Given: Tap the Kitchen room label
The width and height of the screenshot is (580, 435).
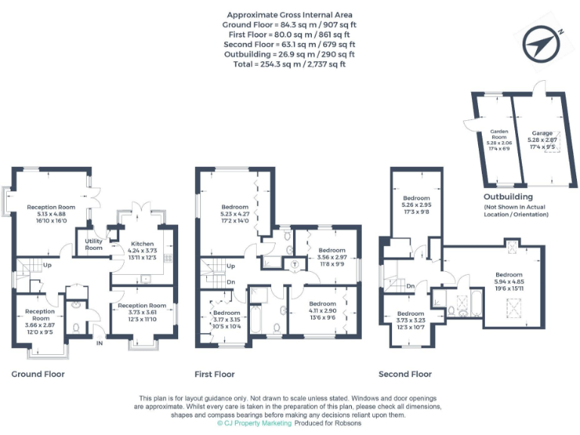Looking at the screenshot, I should (143, 244).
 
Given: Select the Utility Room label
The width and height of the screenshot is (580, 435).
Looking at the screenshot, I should (94, 244).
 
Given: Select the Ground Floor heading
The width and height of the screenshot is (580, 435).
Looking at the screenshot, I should (38, 374).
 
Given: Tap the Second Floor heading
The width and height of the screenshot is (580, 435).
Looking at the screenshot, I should (405, 374).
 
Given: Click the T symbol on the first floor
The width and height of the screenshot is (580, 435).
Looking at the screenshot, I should (294, 263).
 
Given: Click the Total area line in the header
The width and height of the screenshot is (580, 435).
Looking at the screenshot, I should (290, 64).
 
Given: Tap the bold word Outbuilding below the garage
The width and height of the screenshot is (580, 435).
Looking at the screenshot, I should (507, 196).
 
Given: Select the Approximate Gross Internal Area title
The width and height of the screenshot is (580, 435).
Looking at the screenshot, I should (290, 14).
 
